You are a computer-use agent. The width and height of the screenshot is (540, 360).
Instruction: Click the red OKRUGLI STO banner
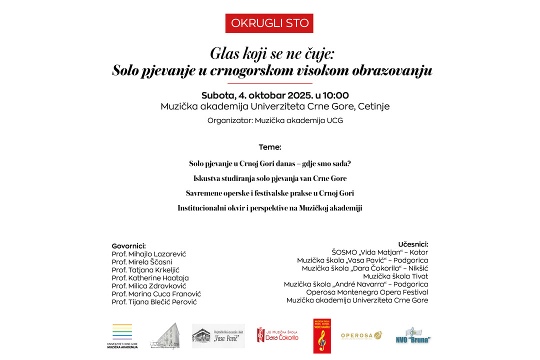tap(269, 23)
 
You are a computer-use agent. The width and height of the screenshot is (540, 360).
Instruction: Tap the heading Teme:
tap(270, 147)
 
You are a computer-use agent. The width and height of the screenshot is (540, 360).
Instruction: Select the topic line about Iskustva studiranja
tap(270, 178)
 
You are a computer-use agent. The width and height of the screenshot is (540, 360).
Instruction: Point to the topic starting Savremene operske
tap(270, 192)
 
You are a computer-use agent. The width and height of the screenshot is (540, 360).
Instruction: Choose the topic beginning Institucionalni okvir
tap(270, 207)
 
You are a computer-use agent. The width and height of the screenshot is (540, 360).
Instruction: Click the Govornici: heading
tap(128, 246)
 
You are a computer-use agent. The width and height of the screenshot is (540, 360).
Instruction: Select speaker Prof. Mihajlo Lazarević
tap(148, 254)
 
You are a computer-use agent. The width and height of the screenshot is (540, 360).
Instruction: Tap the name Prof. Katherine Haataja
tap(150, 278)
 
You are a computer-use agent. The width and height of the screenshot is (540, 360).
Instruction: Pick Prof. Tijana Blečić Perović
tap(155, 302)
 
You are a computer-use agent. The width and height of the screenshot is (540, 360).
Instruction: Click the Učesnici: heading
tap(413, 244)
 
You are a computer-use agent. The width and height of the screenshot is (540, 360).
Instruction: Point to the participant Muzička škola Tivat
tap(395, 276)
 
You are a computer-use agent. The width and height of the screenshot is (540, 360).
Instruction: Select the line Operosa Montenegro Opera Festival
tap(367, 292)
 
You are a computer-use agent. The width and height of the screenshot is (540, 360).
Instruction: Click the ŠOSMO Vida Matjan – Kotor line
tap(380, 252)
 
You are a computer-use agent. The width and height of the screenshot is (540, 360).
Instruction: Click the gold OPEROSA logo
tap(361, 335)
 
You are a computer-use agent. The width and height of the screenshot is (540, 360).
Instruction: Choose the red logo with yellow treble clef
tap(322, 336)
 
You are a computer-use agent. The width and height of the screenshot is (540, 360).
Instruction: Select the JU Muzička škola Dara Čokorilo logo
tap(277, 335)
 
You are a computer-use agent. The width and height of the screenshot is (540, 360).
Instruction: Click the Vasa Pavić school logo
tap(218, 336)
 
